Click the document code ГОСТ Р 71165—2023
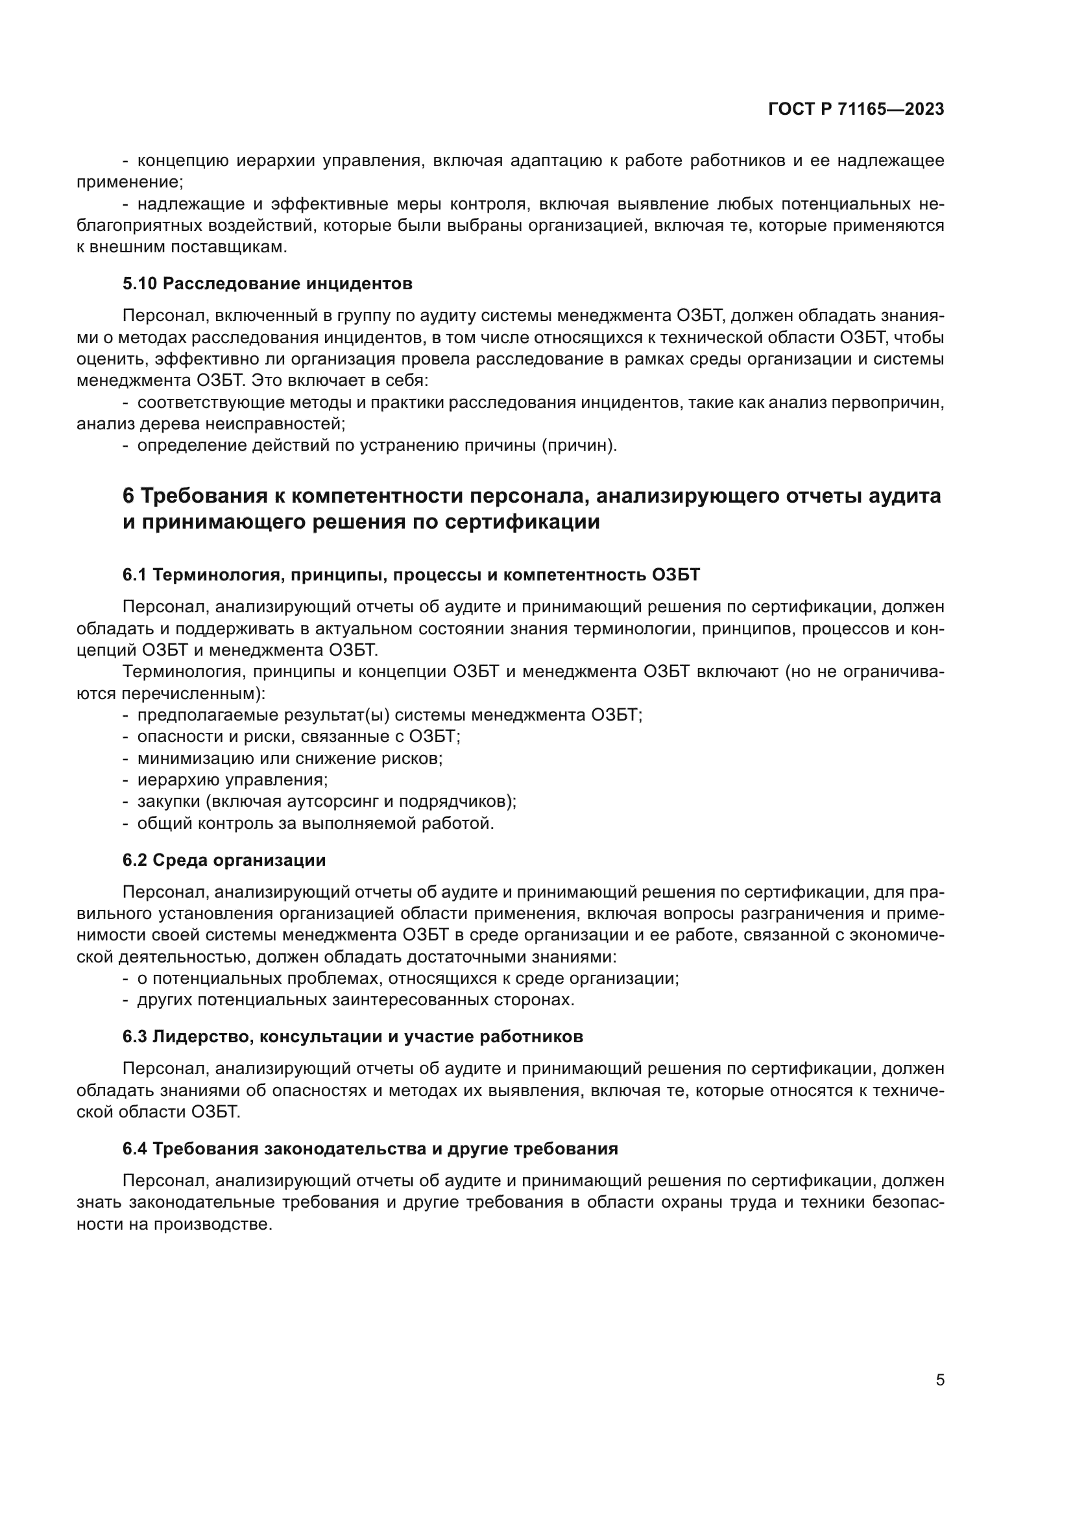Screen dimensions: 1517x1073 pyautogui.click(x=856, y=109)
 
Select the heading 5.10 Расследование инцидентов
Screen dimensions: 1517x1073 pyautogui.click(x=267, y=284)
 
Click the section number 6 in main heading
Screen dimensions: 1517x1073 pyautogui.click(x=129, y=496)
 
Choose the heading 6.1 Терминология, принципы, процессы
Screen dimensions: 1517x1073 pyautogui.click(x=410, y=575)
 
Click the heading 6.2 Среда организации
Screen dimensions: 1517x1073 pyautogui.click(x=224, y=860)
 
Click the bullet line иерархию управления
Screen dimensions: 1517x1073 pyautogui.click(x=232, y=780)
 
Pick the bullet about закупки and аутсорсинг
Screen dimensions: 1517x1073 pyautogui.click(x=326, y=802)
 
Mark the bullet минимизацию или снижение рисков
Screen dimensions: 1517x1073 pyautogui.click(x=289, y=758)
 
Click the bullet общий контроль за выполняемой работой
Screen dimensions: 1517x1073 pyautogui.click(x=315, y=823)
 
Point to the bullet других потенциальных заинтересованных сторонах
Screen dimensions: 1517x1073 pyautogui.click(x=356, y=999)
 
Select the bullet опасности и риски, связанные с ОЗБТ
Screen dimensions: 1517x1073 pyautogui.click(x=298, y=736)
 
